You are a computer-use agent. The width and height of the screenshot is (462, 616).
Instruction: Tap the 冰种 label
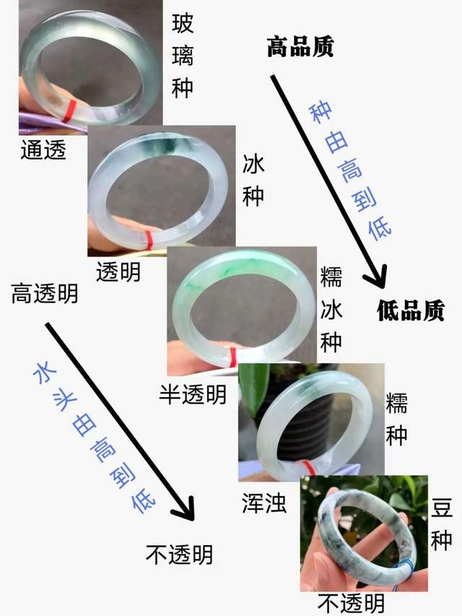(253, 180)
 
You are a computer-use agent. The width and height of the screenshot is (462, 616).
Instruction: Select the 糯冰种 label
(331, 308)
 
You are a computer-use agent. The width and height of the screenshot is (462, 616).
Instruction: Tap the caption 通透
(43, 149)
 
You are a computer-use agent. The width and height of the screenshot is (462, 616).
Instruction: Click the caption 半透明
(193, 394)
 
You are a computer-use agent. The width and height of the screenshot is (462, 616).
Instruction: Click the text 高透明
(45, 295)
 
